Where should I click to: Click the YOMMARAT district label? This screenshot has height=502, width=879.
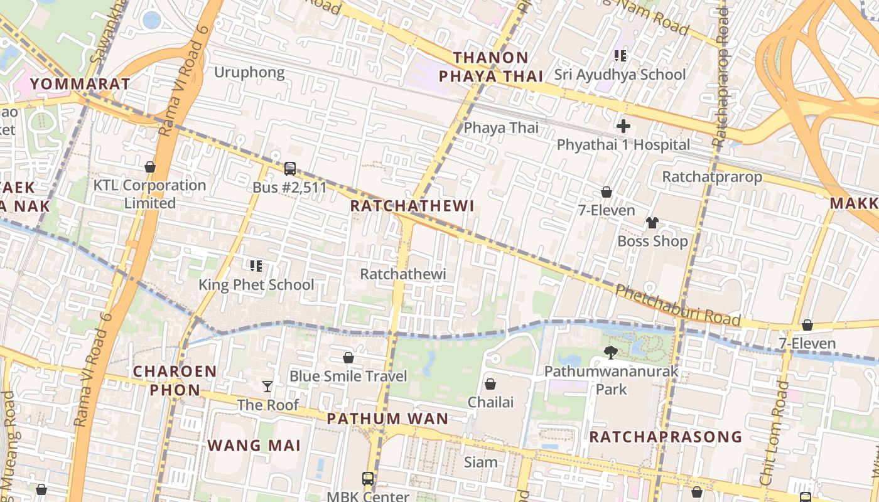coord(80,83)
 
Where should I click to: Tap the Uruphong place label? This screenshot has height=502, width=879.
coord(249,72)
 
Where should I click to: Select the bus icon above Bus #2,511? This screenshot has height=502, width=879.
coord(289,168)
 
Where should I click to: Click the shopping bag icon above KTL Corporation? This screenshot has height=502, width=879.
coord(150,167)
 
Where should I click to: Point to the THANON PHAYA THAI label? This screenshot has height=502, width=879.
coord(490,67)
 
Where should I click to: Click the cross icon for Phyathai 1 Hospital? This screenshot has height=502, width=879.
coord(623,126)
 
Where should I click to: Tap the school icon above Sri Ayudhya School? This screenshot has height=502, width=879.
coord(620,56)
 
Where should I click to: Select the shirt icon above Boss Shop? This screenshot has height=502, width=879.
coord(652,223)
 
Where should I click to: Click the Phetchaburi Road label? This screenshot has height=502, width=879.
coord(677,304)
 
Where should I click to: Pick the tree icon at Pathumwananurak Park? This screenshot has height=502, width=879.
coord(610,353)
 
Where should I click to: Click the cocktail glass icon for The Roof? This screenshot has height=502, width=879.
coord(267,386)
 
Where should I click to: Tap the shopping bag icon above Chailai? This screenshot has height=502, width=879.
coord(490,383)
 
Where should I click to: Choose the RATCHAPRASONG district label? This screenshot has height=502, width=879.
coord(666,437)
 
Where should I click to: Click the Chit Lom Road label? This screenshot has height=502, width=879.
coord(773,433)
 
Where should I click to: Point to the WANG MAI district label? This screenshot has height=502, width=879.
coord(254,446)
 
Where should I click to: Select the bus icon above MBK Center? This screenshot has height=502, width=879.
coord(368,478)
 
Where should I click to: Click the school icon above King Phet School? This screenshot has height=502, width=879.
coord(256,266)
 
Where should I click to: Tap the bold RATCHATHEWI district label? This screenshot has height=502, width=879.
coord(412,206)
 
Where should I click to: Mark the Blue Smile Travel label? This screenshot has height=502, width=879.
coord(348,376)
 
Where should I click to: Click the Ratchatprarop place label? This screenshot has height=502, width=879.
coord(712,177)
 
